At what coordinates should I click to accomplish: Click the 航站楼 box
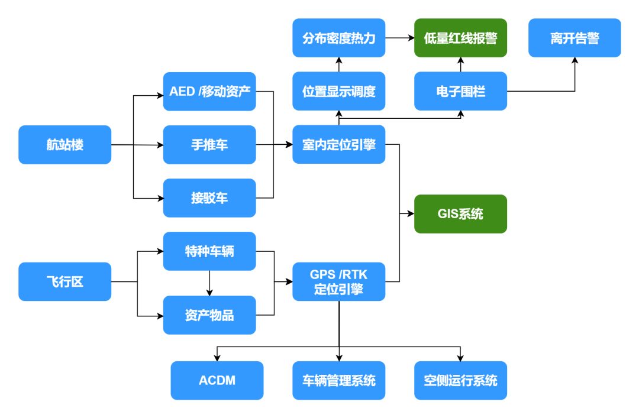(x=64, y=144)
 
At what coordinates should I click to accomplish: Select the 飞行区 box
(x=64, y=281)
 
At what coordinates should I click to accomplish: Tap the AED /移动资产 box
(x=209, y=91)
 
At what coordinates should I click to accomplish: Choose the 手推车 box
(x=209, y=144)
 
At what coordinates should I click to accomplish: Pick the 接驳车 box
(x=209, y=198)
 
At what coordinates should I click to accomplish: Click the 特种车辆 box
(x=209, y=251)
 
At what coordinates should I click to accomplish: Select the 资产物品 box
(x=209, y=315)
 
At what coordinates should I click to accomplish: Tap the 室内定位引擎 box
(x=338, y=144)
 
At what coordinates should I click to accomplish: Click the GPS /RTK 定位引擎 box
(x=338, y=281)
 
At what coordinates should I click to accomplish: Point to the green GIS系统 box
(x=460, y=213)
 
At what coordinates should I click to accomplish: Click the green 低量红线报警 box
(x=460, y=38)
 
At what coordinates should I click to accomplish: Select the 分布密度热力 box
(x=338, y=38)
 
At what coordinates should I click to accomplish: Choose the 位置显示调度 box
(x=338, y=91)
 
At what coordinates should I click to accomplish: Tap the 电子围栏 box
(x=460, y=91)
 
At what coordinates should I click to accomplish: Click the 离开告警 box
(x=574, y=38)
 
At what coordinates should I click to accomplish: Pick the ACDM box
(x=217, y=380)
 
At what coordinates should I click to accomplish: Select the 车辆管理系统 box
(x=338, y=380)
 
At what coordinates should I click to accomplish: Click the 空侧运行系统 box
(x=460, y=380)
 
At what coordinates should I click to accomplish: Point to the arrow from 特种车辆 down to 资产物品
(x=209, y=283)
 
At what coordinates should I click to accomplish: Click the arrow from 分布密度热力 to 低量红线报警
(x=399, y=38)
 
